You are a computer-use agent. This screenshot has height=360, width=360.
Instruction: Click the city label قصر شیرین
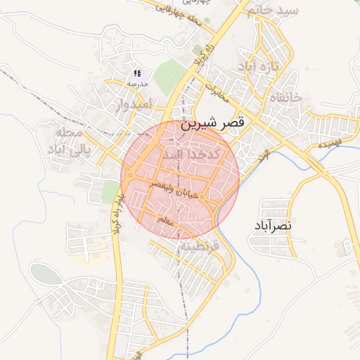click(213, 122)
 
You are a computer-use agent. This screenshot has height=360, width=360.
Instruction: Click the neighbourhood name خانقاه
click(285, 98)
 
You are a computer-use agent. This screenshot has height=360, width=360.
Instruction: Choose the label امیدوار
click(131, 106)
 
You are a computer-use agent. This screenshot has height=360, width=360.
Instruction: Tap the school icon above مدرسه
click(138, 73)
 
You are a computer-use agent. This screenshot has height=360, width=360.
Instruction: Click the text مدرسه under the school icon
click(136, 83)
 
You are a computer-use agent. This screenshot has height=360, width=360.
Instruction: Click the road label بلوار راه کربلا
click(116, 211)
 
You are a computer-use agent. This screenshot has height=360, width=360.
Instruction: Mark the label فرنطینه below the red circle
click(198, 247)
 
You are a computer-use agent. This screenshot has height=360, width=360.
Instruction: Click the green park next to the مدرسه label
click(169, 77)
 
